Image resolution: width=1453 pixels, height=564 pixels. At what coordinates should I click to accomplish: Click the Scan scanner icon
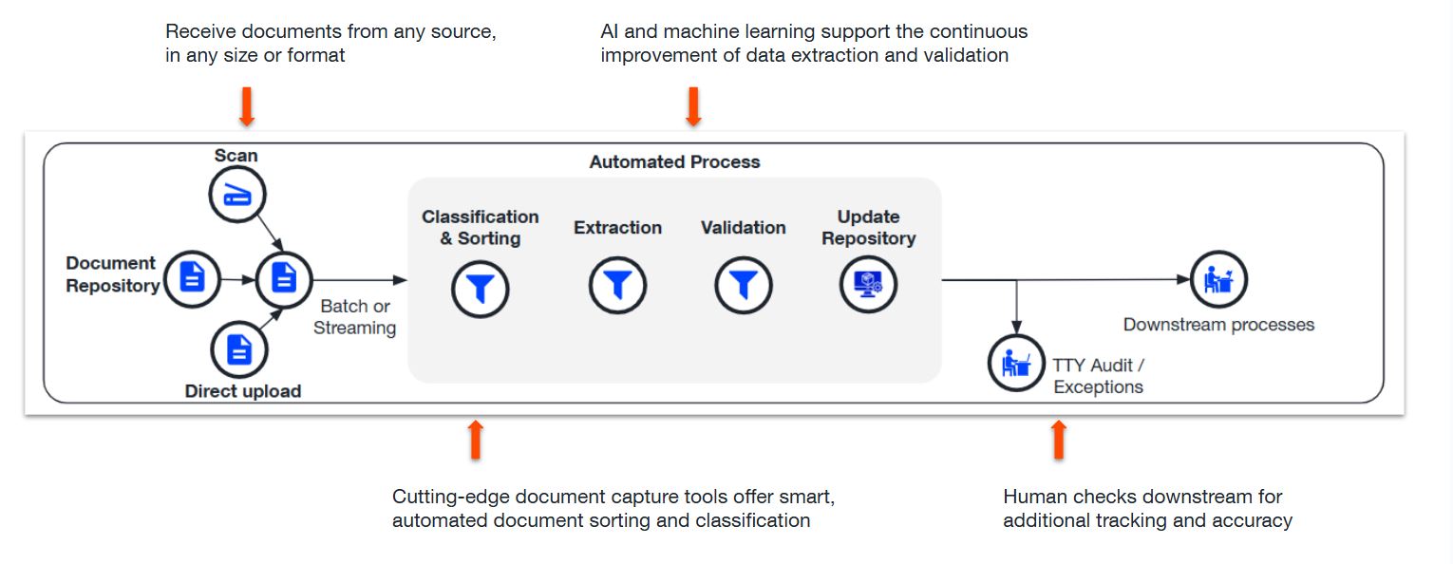pyautogui.click(x=236, y=196)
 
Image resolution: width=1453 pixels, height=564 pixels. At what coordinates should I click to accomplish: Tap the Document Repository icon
pyautogui.click(x=192, y=278)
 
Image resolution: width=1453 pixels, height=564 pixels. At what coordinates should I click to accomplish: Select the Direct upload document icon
pyautogui.click(x=239, y=350)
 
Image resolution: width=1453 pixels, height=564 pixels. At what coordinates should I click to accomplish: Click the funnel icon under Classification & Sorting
pyautogui.click(x=481, y=288)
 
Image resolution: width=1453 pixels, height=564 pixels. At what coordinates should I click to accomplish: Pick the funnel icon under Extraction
pyautogui.click(x=617, y=285)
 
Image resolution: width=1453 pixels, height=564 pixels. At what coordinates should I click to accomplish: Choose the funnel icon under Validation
pyautogui.click(x=743, y=285)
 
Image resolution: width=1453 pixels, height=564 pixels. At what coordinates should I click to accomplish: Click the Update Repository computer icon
pyautogui.click(x=868, y=284)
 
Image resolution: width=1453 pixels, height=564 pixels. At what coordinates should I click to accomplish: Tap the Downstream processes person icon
pyautogui.click(x=1218, y=279)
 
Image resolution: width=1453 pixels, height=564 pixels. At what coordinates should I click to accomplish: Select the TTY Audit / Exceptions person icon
pyautogui.click(x=1016, y=363)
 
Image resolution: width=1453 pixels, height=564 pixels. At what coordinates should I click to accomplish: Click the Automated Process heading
pyautogui.click(x=674, y=162)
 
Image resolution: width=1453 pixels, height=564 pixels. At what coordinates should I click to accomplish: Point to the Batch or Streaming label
pyautogui.click(x=355, y=317)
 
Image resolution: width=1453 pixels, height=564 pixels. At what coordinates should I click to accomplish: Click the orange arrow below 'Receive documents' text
pyautogui.click(x=247, y=106)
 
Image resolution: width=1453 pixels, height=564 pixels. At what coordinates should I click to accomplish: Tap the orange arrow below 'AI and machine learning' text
pyautogui.click(x=693, y=106)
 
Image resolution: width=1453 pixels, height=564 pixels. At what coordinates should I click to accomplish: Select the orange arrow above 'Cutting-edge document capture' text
pyautogui.click(x=476, y=440)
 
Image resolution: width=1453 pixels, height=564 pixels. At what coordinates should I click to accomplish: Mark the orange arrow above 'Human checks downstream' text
pyautogui.click(x=1059, y=440)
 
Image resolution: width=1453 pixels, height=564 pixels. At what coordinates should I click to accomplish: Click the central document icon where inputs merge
pyautogui.click(x=283, y=279)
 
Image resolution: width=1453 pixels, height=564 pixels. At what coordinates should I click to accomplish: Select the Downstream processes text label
pyautogui.click(x=1218, y=325)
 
